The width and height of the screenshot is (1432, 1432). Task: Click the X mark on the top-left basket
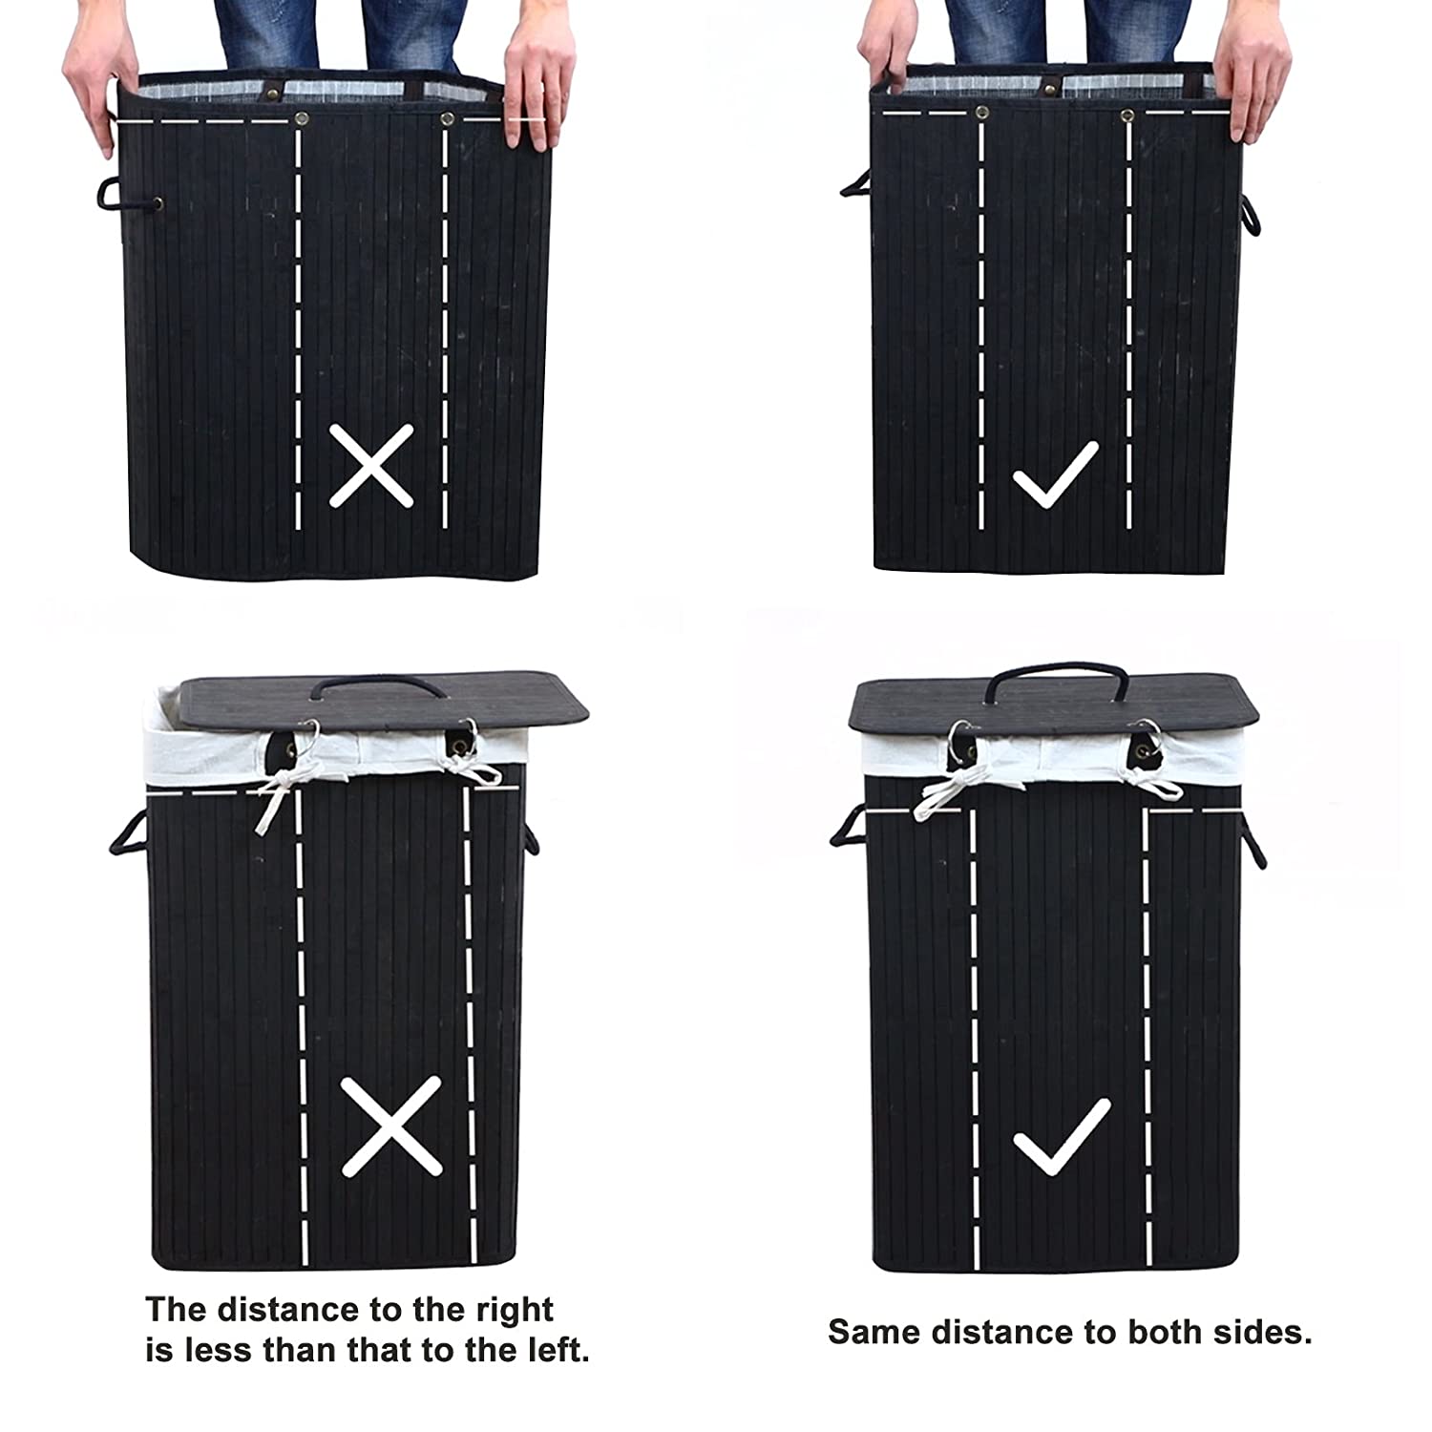pos(371,465)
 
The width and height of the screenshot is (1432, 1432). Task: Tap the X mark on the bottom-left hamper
pos(391,1127)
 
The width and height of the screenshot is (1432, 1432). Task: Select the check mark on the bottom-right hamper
pos(1061,1137)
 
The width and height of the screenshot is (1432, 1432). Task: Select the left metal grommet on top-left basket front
pos(302,119)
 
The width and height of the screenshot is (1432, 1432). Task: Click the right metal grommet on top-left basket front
pos(447,119)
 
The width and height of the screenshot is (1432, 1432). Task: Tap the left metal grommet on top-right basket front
pos(980,115)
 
